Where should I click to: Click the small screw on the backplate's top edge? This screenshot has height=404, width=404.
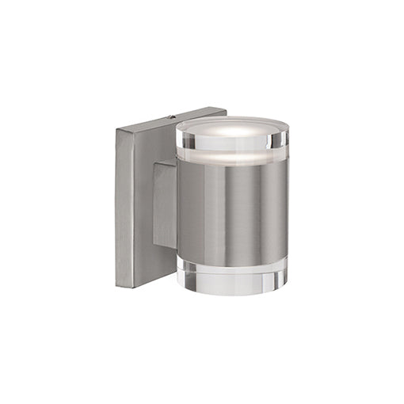click(171, 117)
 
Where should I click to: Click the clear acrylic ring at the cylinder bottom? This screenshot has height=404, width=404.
click(231, 277)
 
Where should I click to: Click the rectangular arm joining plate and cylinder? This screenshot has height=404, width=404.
click(165, 206)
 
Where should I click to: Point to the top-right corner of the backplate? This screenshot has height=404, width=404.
click(226, 109)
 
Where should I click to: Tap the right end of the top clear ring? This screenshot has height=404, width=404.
click(284, 143)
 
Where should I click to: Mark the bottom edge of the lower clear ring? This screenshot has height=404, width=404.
click(231, 294)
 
